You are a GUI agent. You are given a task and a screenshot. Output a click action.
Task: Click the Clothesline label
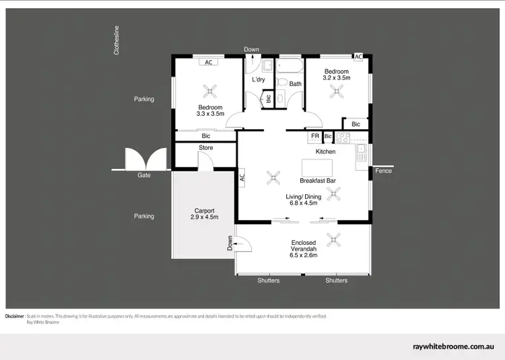(116, 40)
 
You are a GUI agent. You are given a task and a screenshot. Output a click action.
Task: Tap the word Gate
(144, 175)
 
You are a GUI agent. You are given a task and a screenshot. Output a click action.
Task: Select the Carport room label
(204, 211)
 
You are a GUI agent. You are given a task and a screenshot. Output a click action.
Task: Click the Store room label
(205, 148)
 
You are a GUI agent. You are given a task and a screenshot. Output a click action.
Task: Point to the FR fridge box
(314, 136)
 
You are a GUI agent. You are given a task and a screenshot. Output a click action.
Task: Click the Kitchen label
(325, 152)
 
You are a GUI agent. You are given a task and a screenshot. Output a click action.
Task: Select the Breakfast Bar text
(318, 181)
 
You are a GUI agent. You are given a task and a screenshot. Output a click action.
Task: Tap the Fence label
(383, 171)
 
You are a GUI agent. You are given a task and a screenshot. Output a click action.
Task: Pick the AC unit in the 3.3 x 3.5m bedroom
(209, 63)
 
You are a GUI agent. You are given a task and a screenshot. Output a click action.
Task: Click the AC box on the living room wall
(241, 178)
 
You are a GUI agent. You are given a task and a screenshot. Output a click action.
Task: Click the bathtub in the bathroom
(290, 67)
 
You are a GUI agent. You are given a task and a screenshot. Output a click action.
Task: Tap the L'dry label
(259, 80)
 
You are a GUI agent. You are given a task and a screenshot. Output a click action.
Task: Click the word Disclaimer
(15, 316)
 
